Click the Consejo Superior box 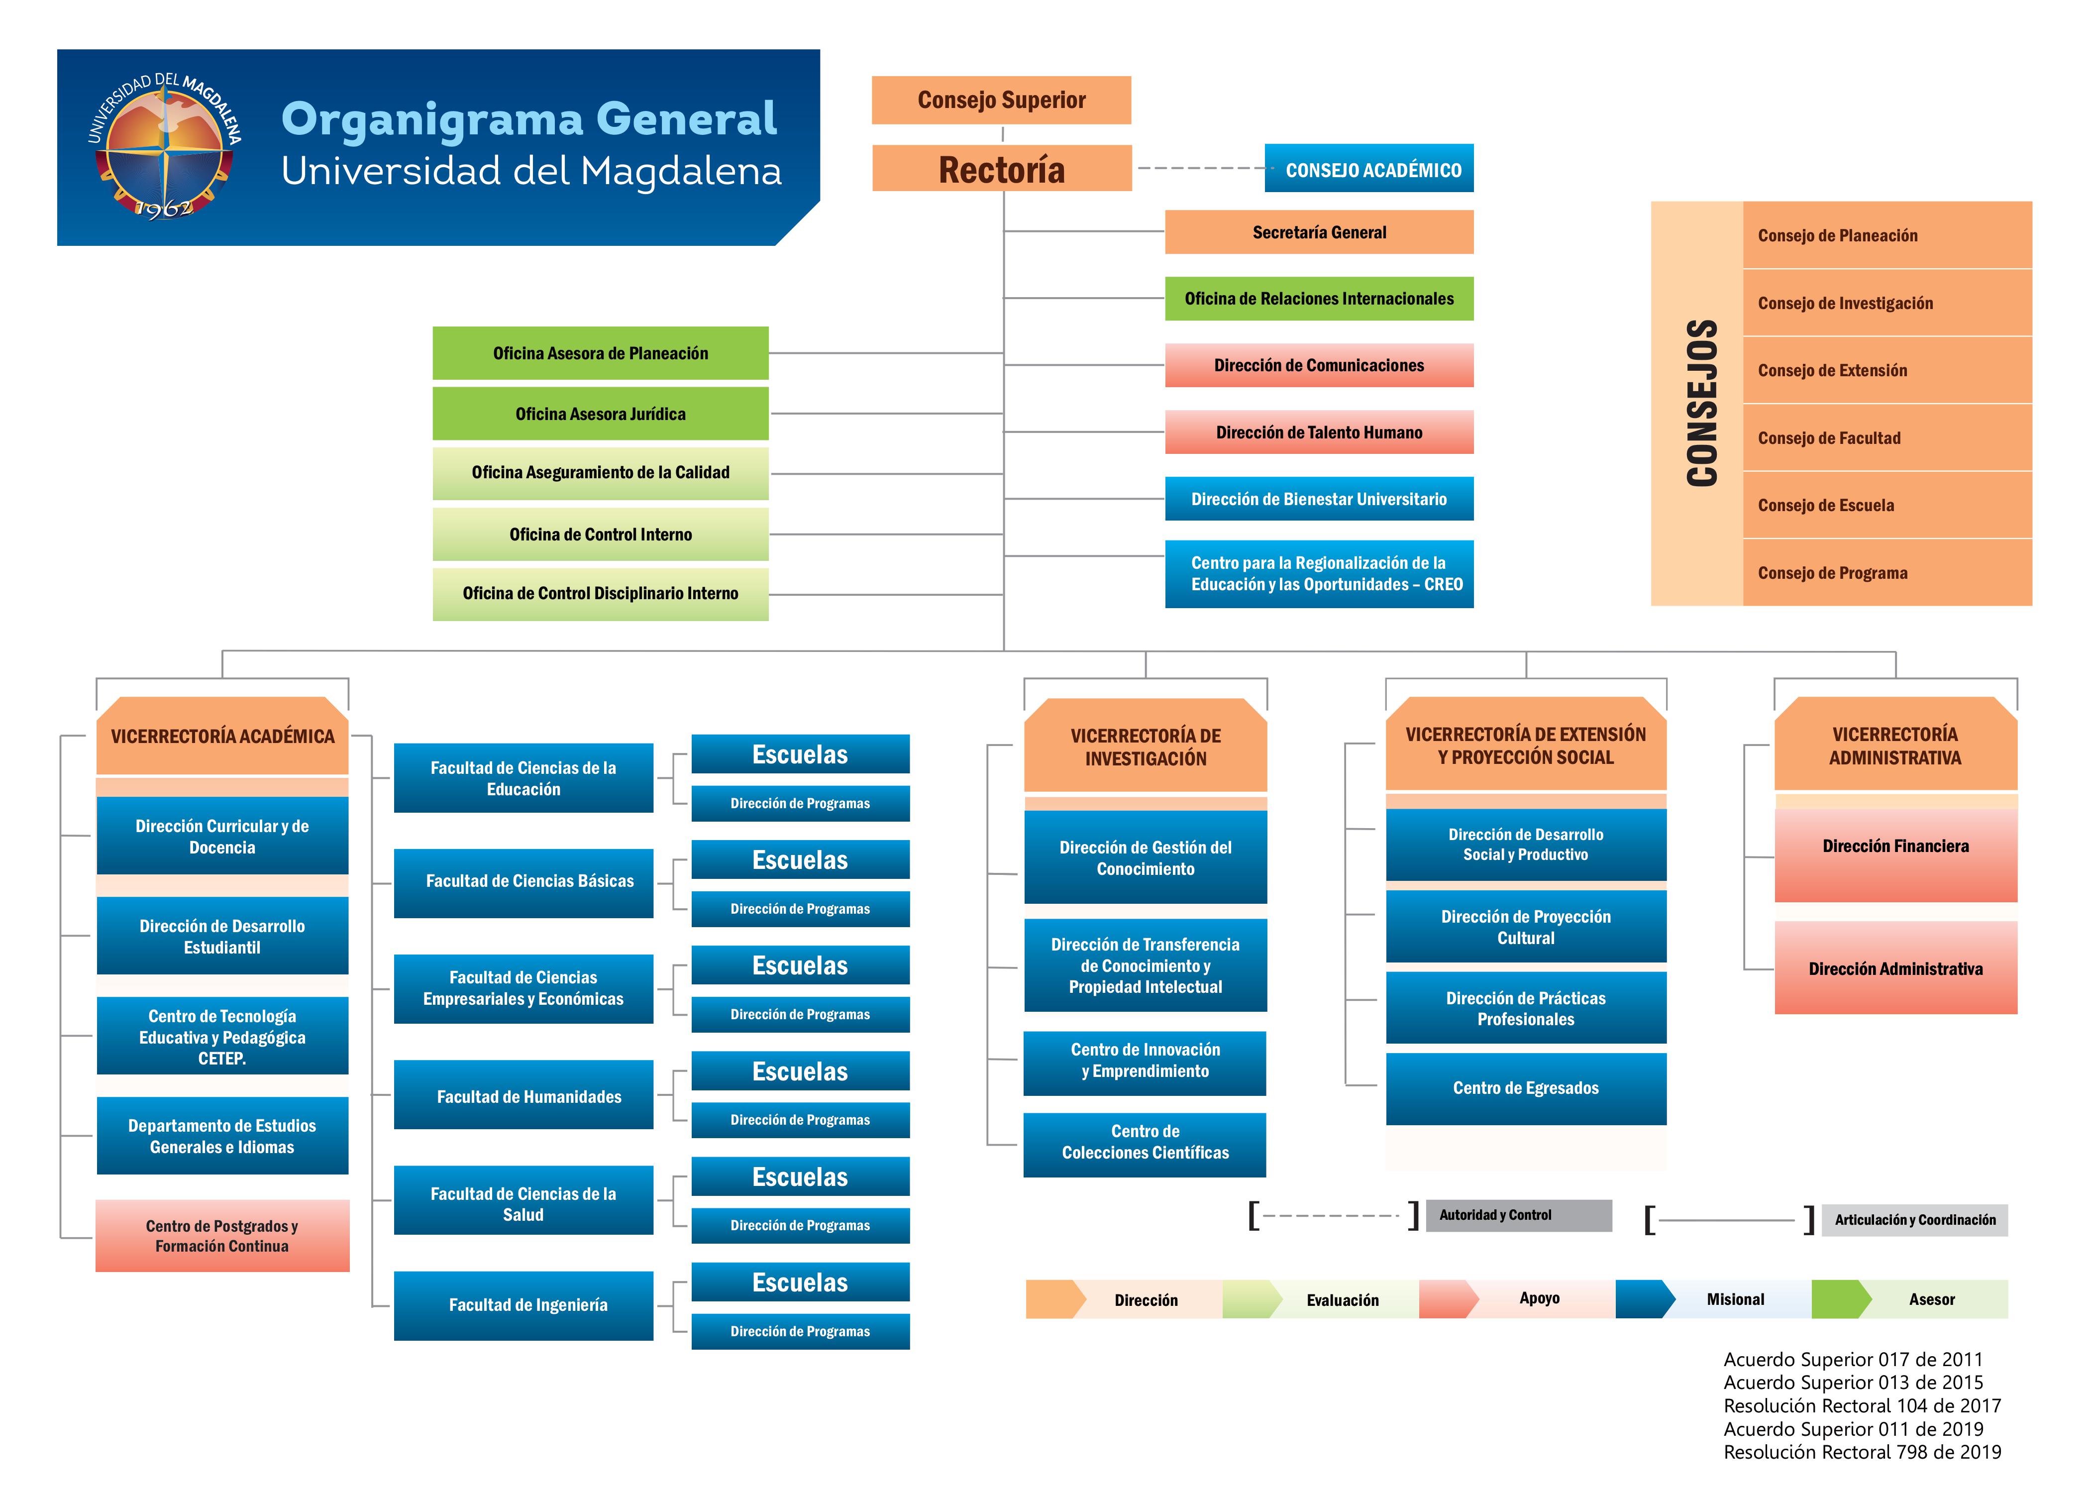(1001, 100)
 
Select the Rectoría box (1002, 168)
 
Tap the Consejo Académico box (1368, 168)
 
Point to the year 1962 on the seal (164, 207)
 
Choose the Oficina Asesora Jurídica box (600, 414)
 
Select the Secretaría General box (1319, 232)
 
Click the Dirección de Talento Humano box (1319, 432)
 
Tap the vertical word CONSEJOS (1702, 403)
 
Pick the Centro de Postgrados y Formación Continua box (222, 1236)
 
